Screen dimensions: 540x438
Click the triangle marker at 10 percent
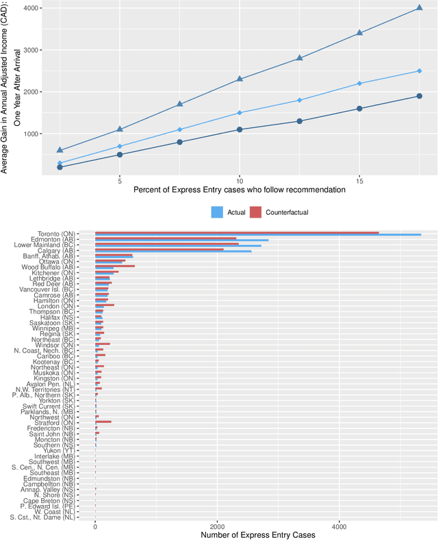tap(240, 79)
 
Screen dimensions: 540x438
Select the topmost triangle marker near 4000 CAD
tap(419, 8)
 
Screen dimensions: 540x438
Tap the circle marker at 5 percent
tap(120, 155)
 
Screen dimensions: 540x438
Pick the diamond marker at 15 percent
tap(359, 83)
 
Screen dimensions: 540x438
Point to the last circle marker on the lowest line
tap(419, 96)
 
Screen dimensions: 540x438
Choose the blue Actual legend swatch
tap(217, 212)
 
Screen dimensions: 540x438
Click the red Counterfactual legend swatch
tap(256, 212)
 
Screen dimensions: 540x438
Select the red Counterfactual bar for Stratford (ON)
tap(103, 422)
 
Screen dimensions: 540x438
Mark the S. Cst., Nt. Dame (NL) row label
tap(43, 517)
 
